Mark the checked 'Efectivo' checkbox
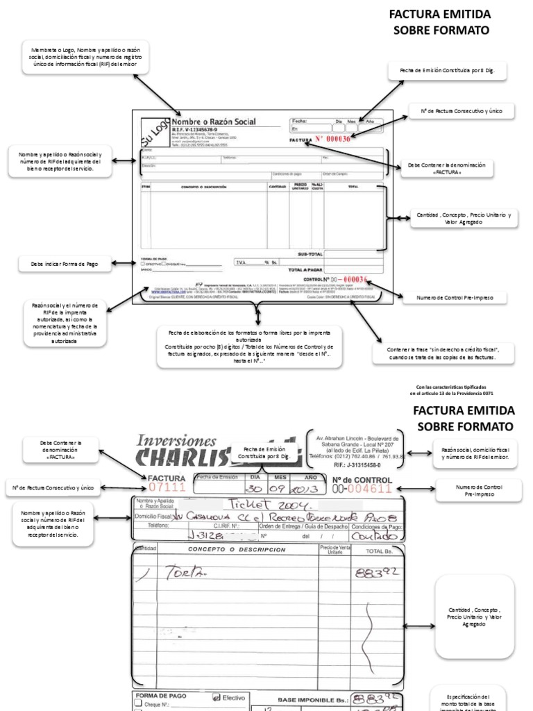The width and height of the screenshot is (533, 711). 216,696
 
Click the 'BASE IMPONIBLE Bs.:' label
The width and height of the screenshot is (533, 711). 310,701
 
